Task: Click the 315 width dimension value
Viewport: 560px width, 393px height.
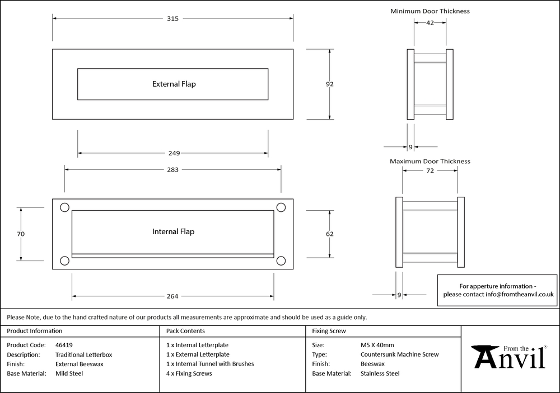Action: [x=172, y=18]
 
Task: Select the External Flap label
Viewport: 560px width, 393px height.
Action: [x=174, y=84]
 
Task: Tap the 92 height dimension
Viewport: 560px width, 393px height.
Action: [x=330, y=84]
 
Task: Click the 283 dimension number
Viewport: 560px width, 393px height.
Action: [x=172, y=170]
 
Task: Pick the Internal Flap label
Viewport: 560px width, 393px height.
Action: [x=174, y=231]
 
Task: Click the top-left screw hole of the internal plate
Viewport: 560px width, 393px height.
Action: [x=64, y=207]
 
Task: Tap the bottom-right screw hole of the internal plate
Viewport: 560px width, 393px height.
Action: [x=281, y=260]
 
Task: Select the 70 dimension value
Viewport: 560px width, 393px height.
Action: [x=21, y=234]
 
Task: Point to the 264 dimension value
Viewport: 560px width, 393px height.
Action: [x=172, y=296]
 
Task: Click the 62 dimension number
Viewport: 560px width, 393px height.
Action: [x=330, y=234]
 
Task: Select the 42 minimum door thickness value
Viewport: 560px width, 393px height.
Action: [x=430, y=22]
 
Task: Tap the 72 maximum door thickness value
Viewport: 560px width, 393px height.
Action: [x=430, y=171]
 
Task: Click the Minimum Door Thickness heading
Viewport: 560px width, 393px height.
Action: [x=430, y=11]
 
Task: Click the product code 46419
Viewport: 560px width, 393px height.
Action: [x=64, y=345]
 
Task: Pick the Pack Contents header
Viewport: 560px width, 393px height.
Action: [x=185, y=331]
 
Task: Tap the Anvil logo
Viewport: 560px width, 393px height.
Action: [x=510, y=358]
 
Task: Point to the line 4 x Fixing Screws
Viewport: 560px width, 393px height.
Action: [x=189, y=373]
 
